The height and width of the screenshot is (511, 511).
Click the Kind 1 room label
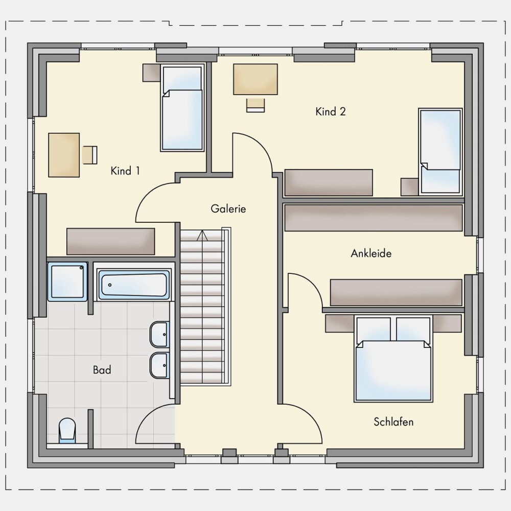pos(125,171)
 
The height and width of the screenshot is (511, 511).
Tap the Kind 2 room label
pos(331,111)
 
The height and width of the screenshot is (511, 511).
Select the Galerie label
pos(228,208)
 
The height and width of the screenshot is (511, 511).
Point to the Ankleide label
pos(371,253)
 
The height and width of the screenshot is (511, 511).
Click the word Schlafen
pos(393,422)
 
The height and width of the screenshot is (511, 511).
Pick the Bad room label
pos(102,370)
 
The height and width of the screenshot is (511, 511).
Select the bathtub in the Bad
pos(133,285)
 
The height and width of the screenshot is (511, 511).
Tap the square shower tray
pos(68,282)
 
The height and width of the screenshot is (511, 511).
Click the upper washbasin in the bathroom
pos(159,334)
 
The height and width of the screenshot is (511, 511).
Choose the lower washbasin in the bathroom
pos(159,365)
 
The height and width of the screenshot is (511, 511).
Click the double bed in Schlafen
pos(393,359)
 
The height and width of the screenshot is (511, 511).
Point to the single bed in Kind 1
pos(182,108)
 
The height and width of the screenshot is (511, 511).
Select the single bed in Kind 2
pos(440,152)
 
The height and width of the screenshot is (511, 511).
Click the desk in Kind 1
pos(64,155)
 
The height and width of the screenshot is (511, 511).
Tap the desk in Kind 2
pos(255,79)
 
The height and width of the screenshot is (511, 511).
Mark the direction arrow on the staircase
pos(202,236)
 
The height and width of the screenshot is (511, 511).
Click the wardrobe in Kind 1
pos(111,242)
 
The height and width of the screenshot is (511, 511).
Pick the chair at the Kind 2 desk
pos(255,105)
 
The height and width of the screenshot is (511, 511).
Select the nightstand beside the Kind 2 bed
pos(410,187)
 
